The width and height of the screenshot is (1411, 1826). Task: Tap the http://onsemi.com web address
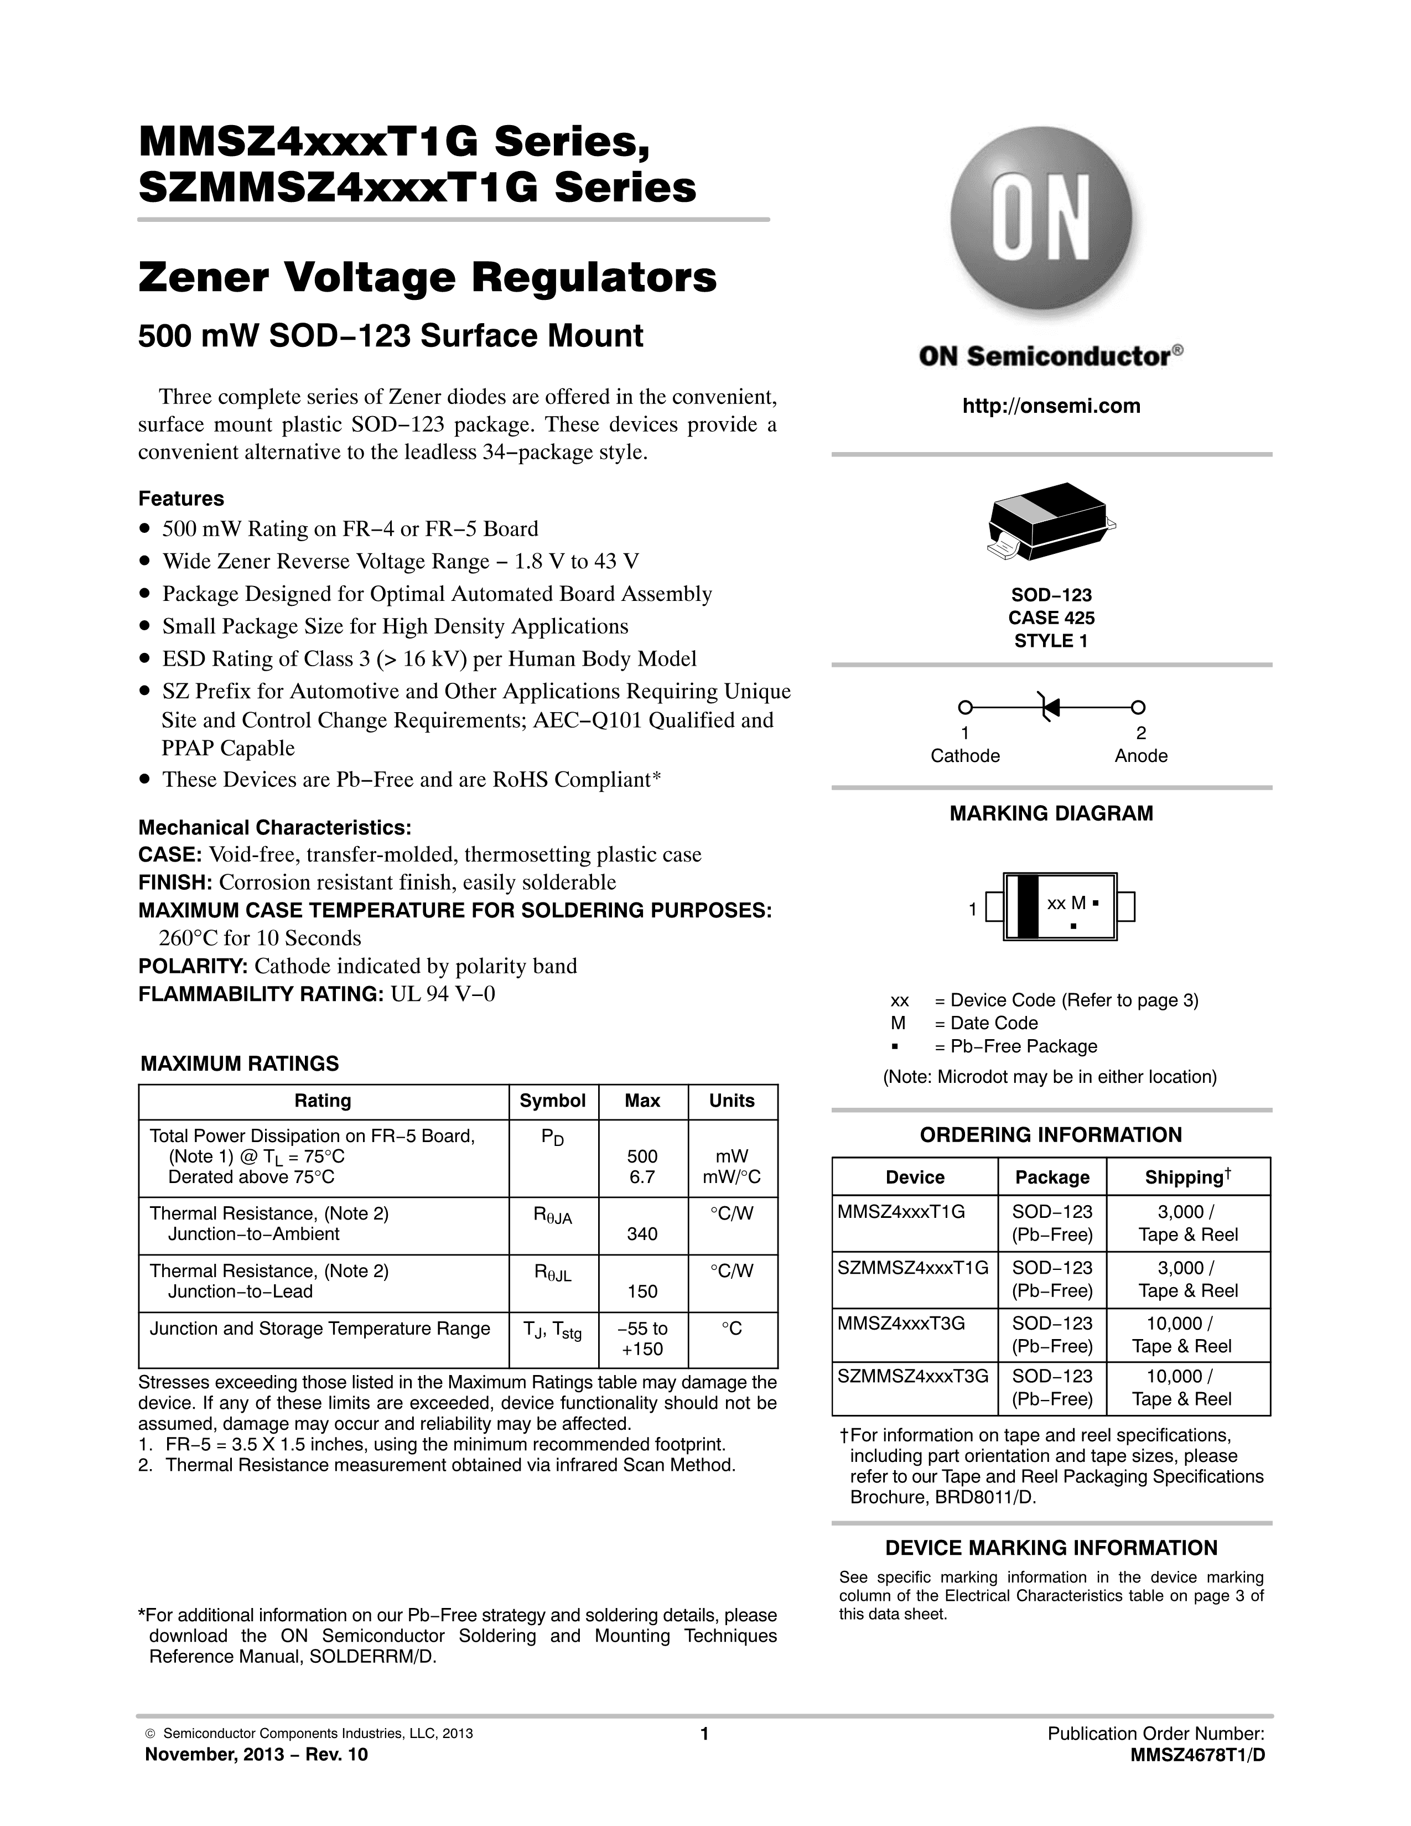[1051, 406]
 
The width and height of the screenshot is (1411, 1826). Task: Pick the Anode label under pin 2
[1140, 756]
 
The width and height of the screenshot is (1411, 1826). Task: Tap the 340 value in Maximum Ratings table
[642, 1234]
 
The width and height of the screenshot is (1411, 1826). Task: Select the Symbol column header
[553, 1101]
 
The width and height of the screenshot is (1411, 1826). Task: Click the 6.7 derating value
[642, 1177]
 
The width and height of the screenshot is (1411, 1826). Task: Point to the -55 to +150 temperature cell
[642, 1339]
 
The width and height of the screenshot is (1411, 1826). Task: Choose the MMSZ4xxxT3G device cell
[901, 1324]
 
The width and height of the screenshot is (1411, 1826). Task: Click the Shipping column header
[1187, 1177]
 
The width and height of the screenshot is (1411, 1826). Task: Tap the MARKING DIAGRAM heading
[1051, 813]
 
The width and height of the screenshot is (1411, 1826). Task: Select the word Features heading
[180, 499]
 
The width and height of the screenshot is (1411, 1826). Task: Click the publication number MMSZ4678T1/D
[1197, 1755]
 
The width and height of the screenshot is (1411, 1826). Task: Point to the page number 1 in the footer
[704, 1734]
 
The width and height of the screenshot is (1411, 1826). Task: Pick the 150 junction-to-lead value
[642, 1291]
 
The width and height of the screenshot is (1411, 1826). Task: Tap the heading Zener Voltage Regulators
[427, 278]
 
